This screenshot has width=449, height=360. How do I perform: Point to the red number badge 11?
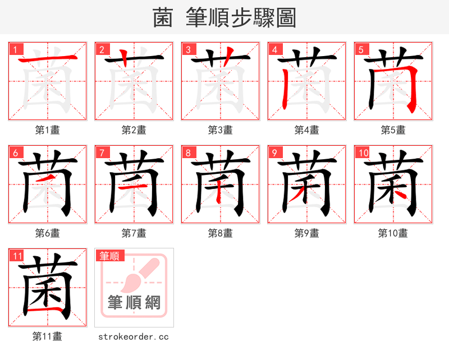click(17, 256)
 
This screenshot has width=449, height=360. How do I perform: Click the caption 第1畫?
click(47, 130)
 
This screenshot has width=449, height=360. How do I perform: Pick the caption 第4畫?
click(306, 130)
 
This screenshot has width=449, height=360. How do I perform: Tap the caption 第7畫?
click(134, 233)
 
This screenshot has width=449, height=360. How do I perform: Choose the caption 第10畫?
click(393, 233)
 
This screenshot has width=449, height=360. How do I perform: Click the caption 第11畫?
click(47, 336)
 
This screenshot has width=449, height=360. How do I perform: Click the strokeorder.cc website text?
click(134, 337)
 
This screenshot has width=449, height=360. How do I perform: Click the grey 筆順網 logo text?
click(134, 303)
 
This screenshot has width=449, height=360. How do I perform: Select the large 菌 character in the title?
click(163, 18)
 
